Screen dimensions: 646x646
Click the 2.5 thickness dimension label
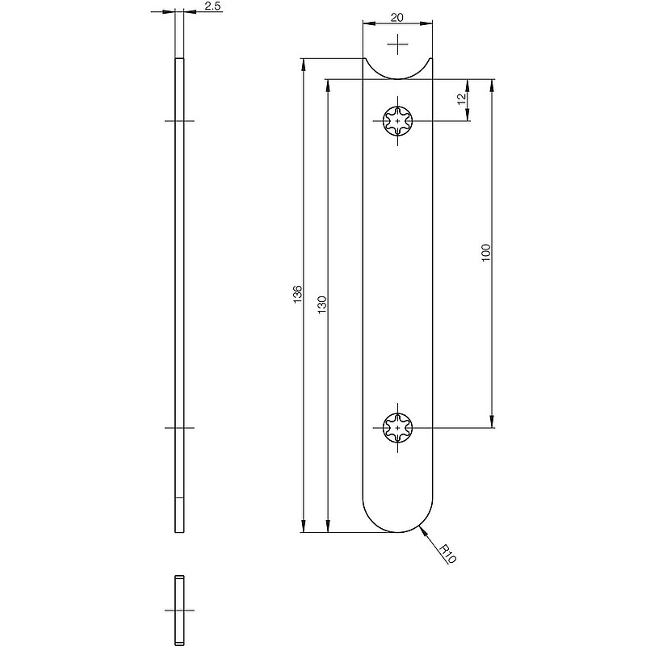(x=212, y=6)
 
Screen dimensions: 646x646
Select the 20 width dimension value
(x=397, y=17)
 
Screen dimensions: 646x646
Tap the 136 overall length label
(x=298, y=295)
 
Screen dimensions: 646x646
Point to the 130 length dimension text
(x=322, y=305)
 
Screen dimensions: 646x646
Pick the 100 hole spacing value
(x=486, y=253)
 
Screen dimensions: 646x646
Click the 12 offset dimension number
(x=462, y=99)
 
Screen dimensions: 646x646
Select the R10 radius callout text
(x=447, y=554)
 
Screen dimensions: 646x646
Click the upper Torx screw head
(x=397, y=121)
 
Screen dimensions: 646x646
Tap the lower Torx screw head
(x=397, y=428)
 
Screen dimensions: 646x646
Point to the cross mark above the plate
(x=397, y=44)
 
